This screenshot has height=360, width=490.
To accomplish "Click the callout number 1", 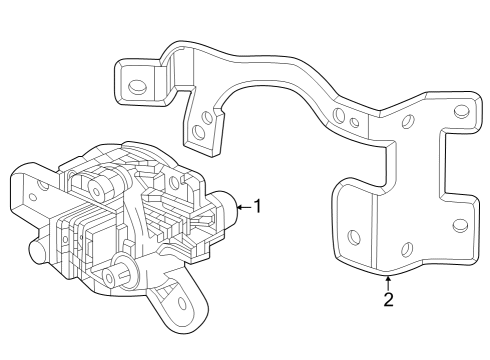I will [x=257, y=207].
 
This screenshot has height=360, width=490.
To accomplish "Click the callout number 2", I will [x=388, y=300].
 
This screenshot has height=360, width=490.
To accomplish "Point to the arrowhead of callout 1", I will [x=238, y=207].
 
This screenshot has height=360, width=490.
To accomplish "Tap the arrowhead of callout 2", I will [x=388, y=277].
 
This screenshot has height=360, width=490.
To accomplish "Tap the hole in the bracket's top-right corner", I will [x=461, y=111].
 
